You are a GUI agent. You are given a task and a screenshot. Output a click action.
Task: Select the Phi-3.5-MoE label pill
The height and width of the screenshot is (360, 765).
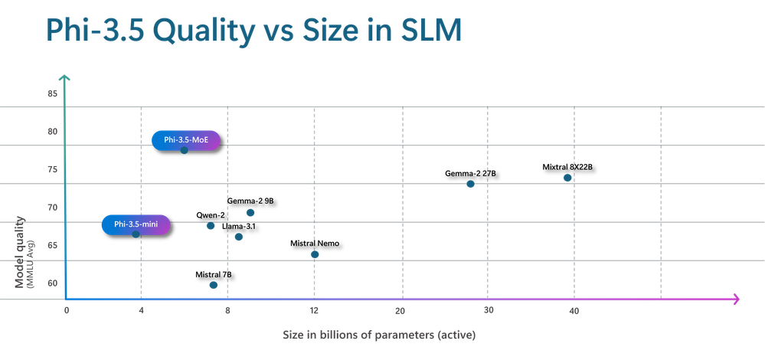[x=186, y=139]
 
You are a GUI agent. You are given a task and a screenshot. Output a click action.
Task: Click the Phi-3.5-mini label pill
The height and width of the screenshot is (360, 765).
[x=136, y=224]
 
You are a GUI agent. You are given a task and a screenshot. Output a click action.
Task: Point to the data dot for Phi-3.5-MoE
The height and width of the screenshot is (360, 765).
[x=184, y=150]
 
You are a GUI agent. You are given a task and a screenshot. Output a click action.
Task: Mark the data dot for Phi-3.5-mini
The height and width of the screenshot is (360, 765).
[x=136, y=234]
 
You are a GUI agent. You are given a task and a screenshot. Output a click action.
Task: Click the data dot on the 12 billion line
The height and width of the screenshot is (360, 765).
[x=315, y=254]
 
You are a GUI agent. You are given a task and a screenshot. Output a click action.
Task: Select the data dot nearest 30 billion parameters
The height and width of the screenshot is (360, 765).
[x=470, y=185]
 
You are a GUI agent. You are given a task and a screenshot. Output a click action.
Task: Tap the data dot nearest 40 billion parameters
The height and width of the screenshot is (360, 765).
[x=567, y=178]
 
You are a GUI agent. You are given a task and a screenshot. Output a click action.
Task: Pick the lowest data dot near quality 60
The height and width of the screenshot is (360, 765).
[x=213, y=286]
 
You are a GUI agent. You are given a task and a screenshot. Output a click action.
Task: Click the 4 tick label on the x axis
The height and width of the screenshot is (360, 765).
[x=141, y=310]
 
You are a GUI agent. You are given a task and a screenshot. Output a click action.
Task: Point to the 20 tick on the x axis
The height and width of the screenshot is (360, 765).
[x=400, y=310]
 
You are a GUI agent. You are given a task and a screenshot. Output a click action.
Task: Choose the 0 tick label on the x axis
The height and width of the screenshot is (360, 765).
[x=67, y=310]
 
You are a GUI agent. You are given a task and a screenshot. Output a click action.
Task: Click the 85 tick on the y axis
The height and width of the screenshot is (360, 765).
[x=53, y=94]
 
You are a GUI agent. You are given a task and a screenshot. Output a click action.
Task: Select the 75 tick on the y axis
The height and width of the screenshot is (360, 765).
[x=53, y=170]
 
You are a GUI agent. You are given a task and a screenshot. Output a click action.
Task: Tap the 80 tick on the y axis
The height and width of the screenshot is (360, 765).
[x=53, y=132]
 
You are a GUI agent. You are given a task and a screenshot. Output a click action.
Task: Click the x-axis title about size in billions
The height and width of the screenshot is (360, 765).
[x=380, y=335]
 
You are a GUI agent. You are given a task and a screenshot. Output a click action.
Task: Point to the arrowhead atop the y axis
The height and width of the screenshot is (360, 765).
[x=65, y=77]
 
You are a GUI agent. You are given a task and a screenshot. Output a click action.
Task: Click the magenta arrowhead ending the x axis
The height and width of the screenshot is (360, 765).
[x=737, y=299]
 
